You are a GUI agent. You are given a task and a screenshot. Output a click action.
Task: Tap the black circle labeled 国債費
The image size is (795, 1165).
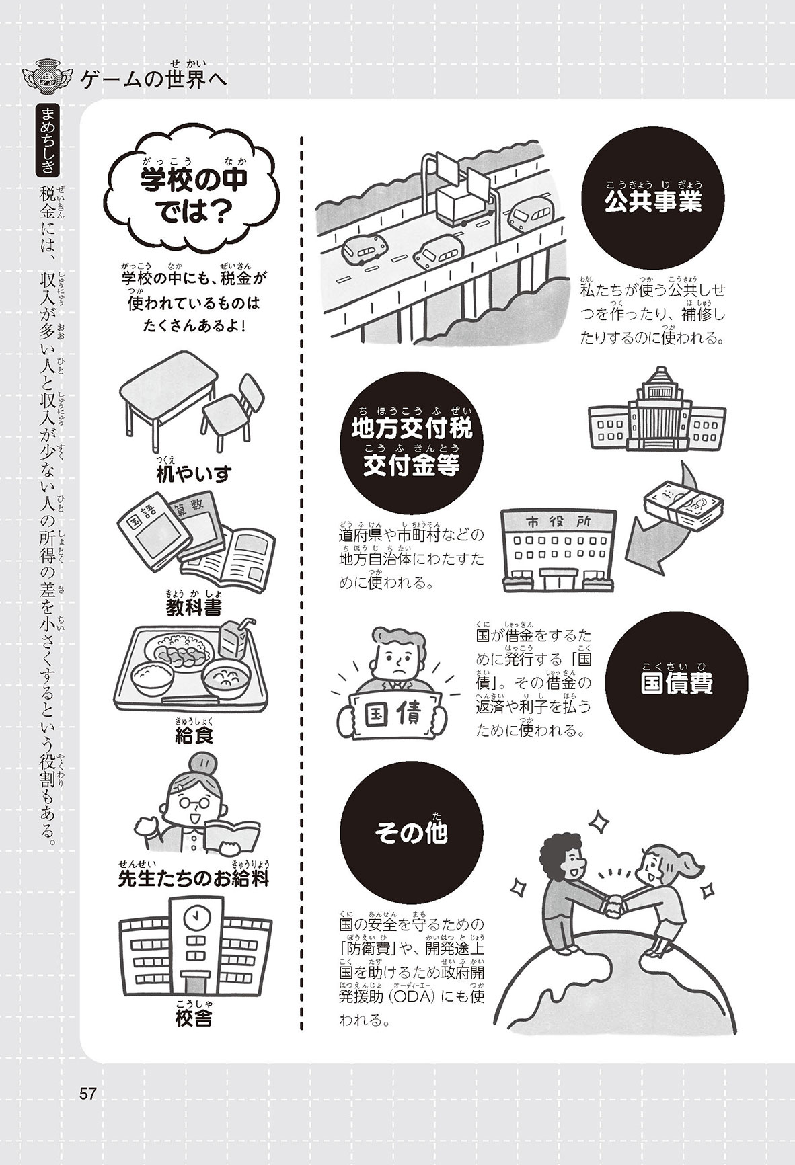pyautogui.click(x=676, y=683)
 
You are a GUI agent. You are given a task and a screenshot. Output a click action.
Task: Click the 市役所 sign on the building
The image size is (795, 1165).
pyautogui.click(x=558, y=522)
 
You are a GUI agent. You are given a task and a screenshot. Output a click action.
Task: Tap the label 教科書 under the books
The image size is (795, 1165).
pyautogui.click(x=194, y=607)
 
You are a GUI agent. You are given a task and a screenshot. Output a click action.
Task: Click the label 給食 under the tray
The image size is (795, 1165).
pyautogui.click(x=194, y=734)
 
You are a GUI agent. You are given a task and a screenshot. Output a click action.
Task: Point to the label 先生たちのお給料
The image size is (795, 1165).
pyautogui.click(x=194, y=878)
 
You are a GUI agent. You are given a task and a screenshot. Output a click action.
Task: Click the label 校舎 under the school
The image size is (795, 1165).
pyautogui.click(x=194, y=1018)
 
